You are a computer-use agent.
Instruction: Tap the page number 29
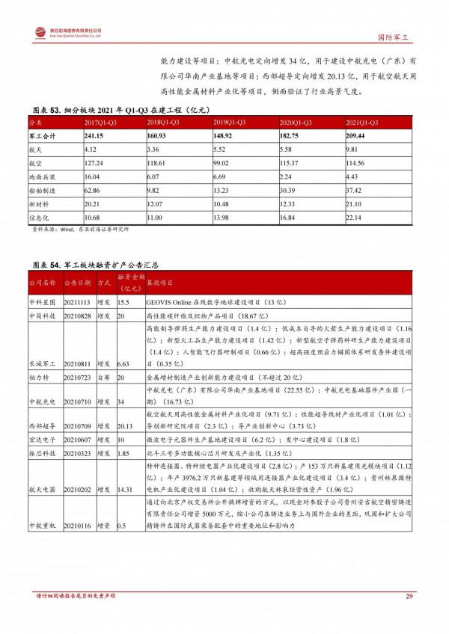coord(409,596)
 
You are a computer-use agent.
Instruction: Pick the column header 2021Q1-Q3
coord(363,121)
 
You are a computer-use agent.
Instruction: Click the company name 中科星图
coord(43,301)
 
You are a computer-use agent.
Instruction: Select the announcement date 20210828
coord(77,316)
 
